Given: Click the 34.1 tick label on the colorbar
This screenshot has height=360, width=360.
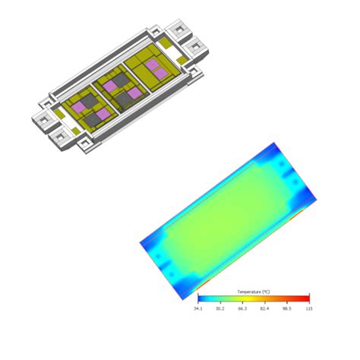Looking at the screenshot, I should pos(198,309).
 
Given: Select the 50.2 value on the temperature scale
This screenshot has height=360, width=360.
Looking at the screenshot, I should pos(220,309).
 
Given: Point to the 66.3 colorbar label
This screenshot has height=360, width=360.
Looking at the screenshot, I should pos(242,309).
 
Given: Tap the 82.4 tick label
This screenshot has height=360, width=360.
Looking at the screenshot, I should pos(265,309).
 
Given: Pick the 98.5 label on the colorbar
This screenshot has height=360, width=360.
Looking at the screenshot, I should pos(287,309).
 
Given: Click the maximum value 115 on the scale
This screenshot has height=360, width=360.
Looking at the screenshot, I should pos(309,309).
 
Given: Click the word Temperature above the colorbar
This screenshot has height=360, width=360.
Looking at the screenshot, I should pos(249,292).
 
